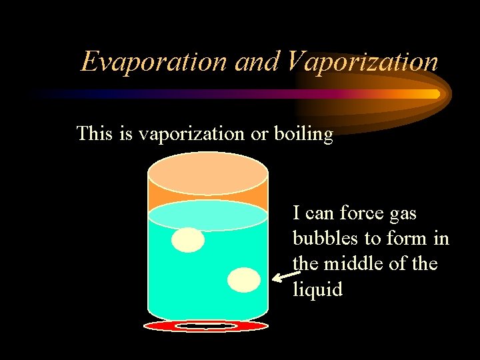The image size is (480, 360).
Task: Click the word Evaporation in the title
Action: click(x=154, y=61)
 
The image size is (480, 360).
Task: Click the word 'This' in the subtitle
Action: click(x=95, y=134)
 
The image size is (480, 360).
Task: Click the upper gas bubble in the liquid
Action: click(x=188, y=240)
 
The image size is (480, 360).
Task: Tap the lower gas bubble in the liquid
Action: click(x=244, y=280)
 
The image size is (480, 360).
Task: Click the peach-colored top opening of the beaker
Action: click(x=207, y=173)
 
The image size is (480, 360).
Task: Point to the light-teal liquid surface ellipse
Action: click(x=207, y=215)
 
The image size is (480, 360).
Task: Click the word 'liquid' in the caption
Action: click(x=317, y=289)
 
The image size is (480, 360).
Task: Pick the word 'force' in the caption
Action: click(x=360, y=213)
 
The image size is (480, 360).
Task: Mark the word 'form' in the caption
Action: click(x=398, y=239)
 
